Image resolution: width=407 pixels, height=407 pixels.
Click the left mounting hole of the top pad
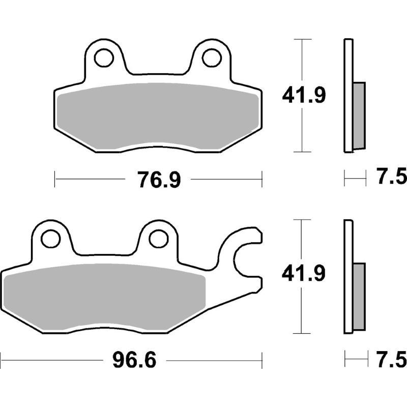[x=106, y=57]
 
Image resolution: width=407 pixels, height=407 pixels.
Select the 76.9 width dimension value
[x=159, y=180]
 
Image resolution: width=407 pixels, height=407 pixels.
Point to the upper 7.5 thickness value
[x=392, y=178]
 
